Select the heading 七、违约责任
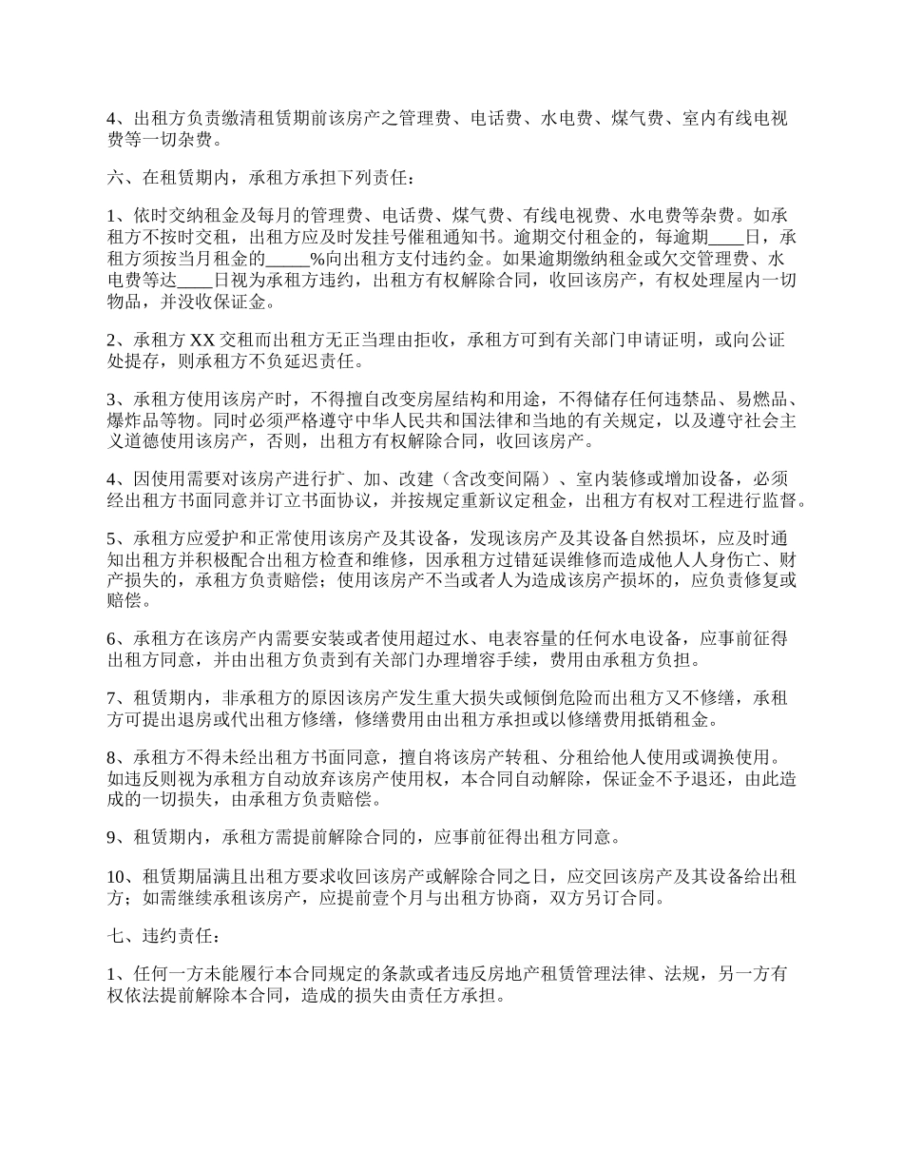point(163,937)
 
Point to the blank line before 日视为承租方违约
point(195,281)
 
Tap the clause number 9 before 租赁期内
point(112,839)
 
